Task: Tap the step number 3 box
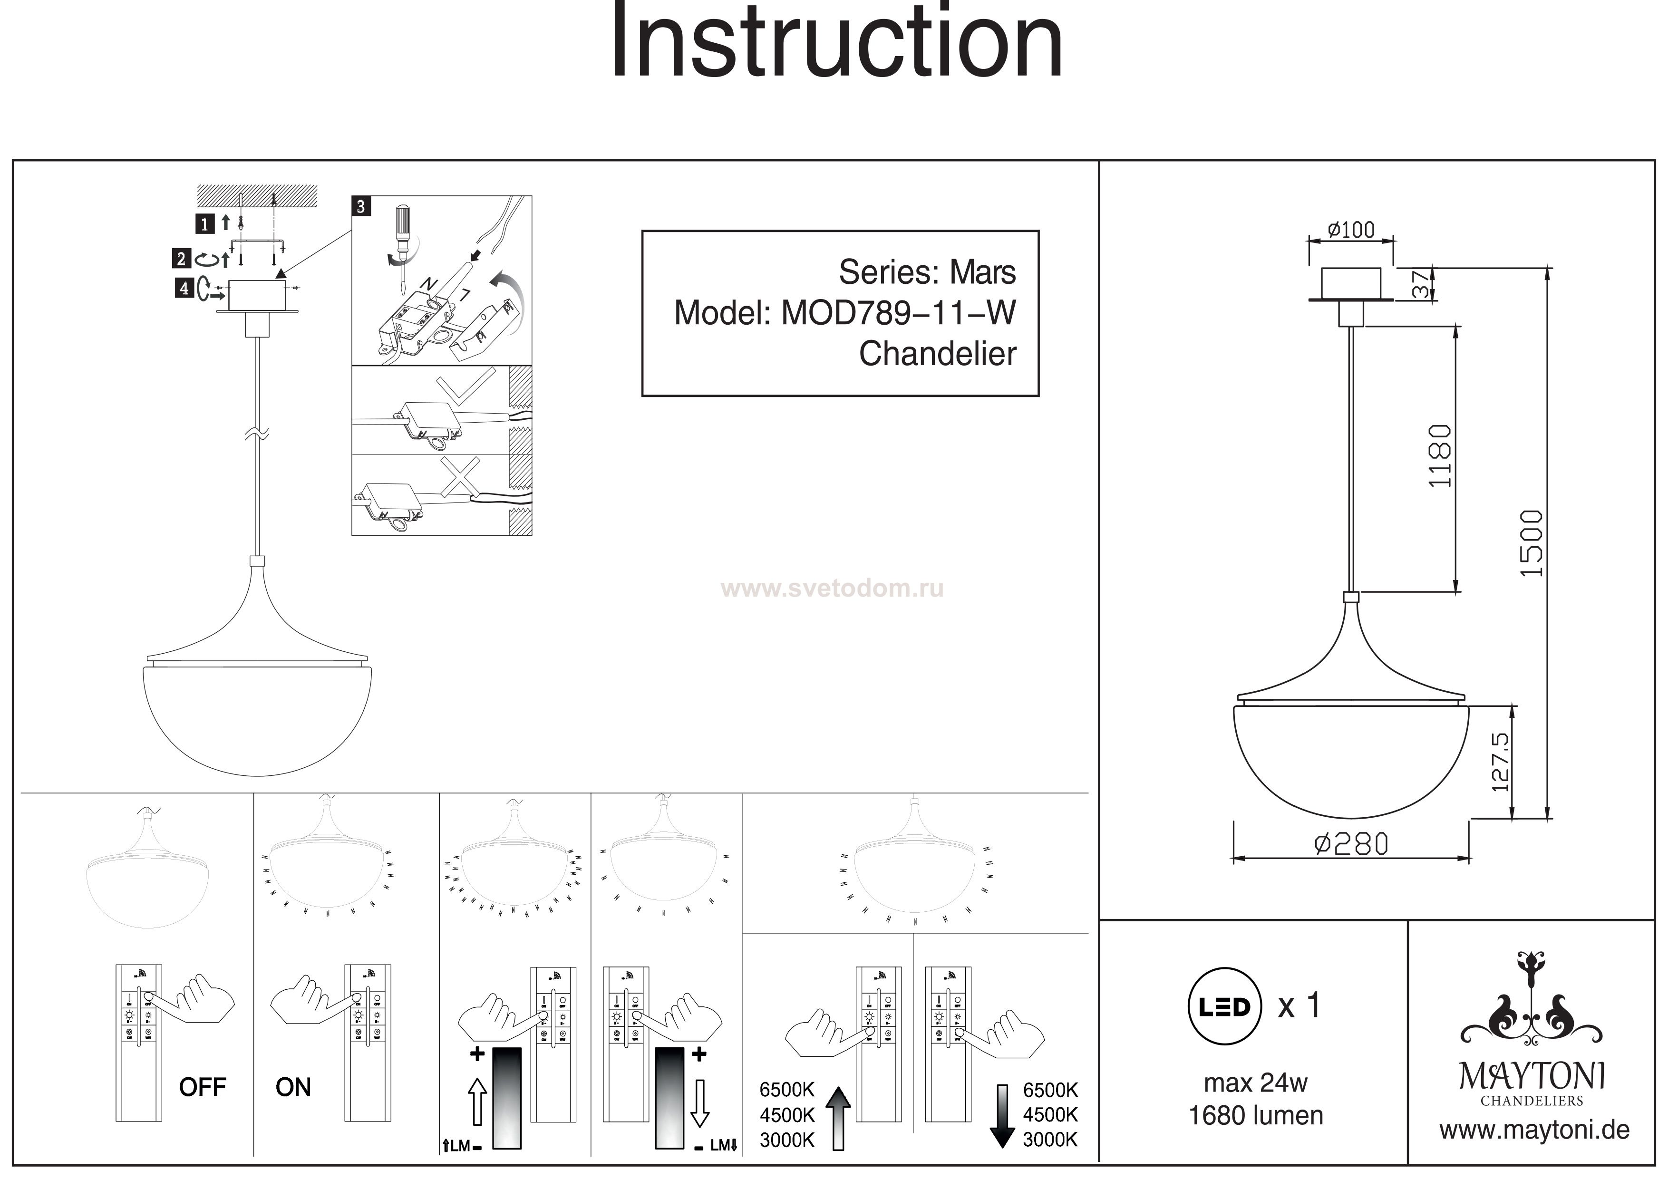coord(361,206)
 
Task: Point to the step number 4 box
coord(184,289)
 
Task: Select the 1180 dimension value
coord(1439,456)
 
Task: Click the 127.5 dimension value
coord(1500,761)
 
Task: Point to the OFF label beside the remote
coord(203,1087)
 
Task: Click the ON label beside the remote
coord(293,1087)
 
